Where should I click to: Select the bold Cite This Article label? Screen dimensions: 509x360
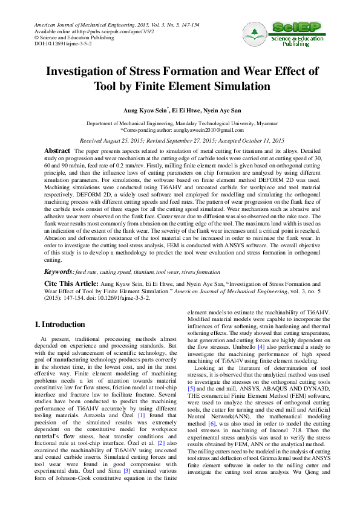tap(70, 283)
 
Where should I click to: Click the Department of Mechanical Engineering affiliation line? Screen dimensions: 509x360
tap(180, 123)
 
